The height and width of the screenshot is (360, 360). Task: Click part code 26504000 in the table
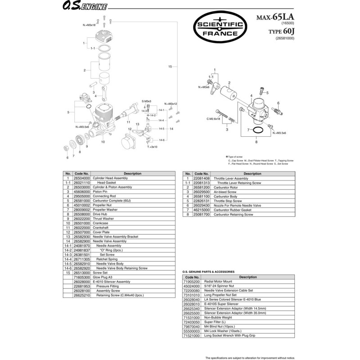(82, 178)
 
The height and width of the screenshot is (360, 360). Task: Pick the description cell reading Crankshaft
(102, 228)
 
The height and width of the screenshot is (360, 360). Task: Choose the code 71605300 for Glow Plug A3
(82, 278)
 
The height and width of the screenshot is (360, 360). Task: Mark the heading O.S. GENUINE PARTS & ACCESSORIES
(208, 272)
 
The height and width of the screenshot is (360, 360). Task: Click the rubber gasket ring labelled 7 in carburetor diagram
(258, 130)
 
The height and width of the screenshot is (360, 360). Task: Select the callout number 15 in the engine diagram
(170, 67)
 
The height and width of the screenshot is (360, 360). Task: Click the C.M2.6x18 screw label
(213, 119)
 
